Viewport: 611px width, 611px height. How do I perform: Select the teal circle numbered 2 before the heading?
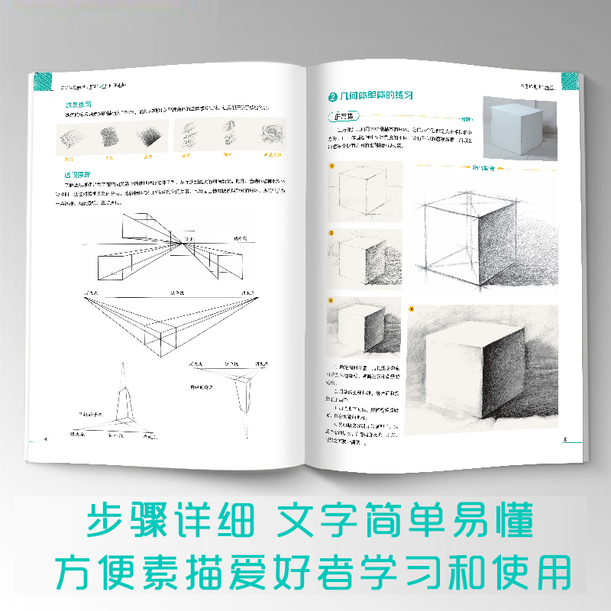click(x=332, y=97)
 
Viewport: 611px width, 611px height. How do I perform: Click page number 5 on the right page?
click(x=564, y=439)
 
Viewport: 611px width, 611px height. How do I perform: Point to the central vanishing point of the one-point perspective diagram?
click(x=182, y=244)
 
